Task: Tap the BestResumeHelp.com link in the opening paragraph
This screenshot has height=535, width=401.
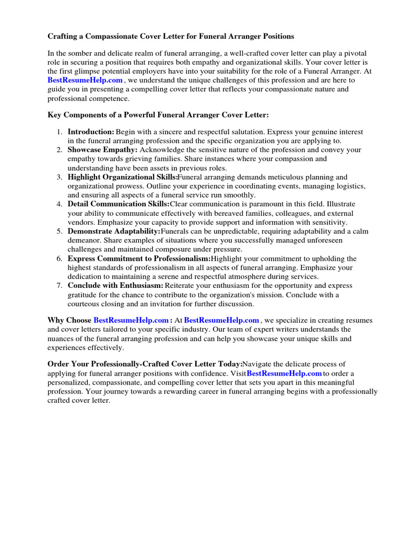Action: (x=85, y=80)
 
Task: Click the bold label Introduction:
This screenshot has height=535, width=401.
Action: (x=91, y=132)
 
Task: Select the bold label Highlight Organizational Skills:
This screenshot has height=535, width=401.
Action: (x=123, y=177)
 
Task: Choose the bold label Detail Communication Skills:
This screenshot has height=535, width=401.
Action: (x=119, y=204)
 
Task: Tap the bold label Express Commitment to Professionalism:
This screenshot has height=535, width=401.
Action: (x=139, y=259)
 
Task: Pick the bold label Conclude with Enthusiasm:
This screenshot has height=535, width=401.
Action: (x=115, y=286)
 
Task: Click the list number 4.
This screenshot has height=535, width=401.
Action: (x=60, y=204)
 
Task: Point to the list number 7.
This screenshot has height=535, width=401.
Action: (x=60, y=286)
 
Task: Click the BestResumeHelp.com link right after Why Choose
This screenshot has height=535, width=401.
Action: (x=131, y=320)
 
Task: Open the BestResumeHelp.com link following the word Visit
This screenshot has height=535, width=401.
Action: (x=284, y=374)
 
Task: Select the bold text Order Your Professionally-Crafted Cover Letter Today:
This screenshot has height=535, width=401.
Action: (x=145, y=364)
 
